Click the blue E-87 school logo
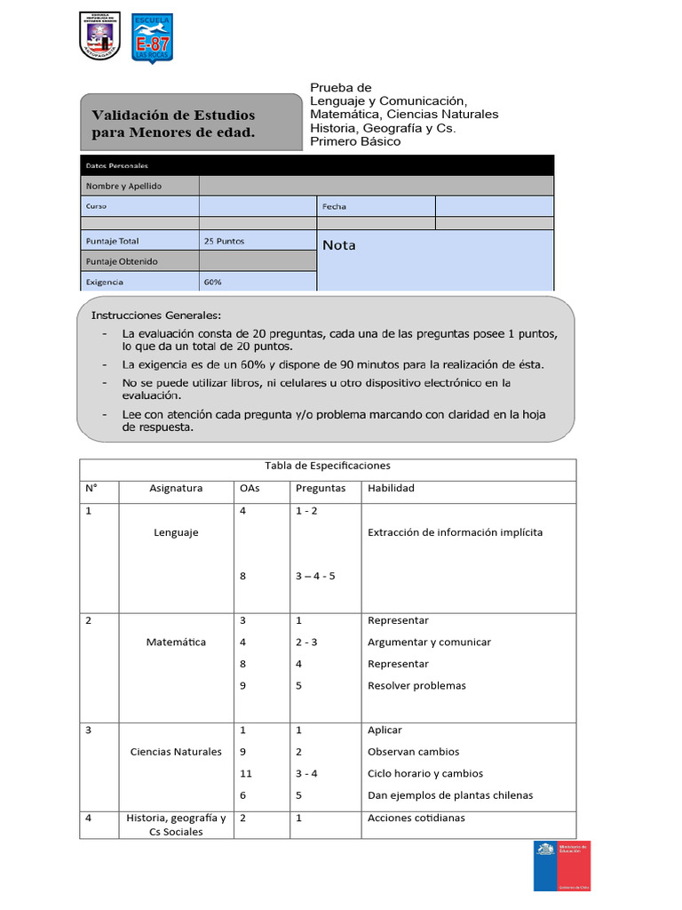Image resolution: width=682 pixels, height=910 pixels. point(152,38)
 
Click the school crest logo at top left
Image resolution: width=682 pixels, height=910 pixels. point(99,36)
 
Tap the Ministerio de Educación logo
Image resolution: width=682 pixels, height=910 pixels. point(561,866)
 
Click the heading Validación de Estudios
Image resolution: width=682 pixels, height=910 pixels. point(174,116)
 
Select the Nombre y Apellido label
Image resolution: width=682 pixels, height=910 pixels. point(123,186)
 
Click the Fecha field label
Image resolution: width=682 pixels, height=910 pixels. point(335,206)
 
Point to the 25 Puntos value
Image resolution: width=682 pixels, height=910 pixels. point(224,241)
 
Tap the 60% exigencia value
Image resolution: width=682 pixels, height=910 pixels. point(212,282)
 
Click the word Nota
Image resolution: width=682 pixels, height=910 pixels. point(338,245)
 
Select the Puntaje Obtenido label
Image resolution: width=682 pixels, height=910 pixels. point(122,261)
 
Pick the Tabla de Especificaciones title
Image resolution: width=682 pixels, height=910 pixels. point(328,466)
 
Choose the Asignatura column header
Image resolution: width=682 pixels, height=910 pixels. point(176,488)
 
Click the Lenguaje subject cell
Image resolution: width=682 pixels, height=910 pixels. point(176,532)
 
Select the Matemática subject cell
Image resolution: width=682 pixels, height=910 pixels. point(176,642)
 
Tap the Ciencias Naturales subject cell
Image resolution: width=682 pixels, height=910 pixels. point(176,752)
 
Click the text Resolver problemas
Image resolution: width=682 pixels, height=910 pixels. point(416,685)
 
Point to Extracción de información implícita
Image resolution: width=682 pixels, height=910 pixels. point(455,532)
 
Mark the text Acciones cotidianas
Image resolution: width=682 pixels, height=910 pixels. point(416,818)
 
